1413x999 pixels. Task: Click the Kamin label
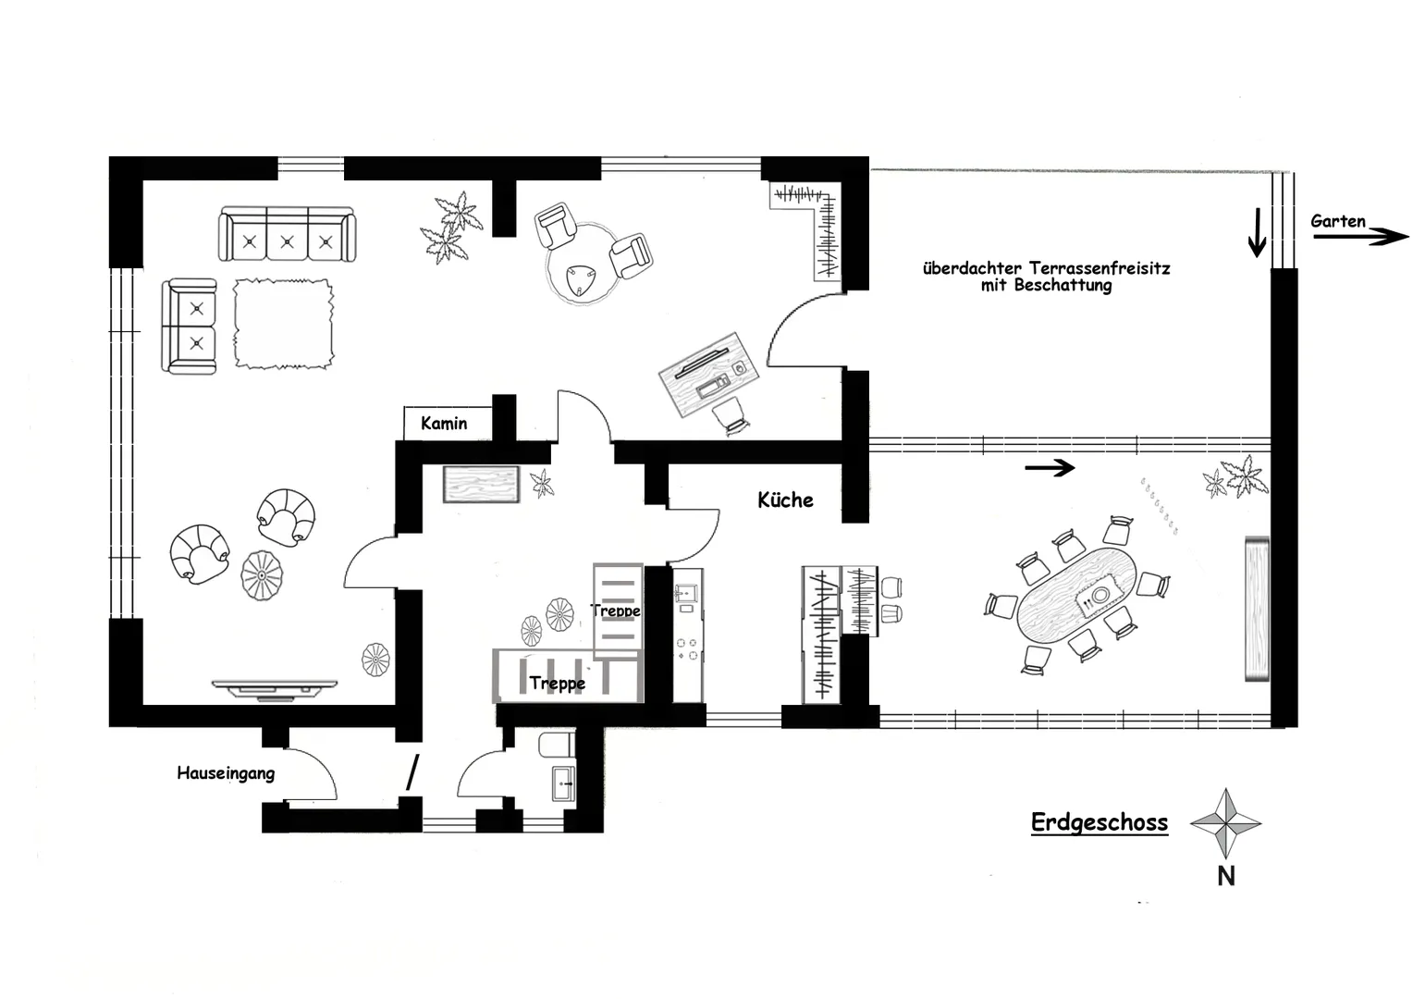444,423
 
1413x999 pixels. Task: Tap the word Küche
785,499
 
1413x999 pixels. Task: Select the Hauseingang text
226,773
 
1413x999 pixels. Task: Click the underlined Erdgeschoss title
1100,823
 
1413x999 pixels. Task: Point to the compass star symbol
1225,823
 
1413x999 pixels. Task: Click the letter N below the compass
1226,877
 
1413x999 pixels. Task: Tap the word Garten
1338,221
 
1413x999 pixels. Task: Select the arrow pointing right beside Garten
1360,237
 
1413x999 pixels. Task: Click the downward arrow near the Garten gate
1258,232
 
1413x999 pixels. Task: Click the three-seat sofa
287,233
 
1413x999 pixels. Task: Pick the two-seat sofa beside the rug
190,326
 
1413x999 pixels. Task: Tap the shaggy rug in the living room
283,323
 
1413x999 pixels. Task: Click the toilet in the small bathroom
557,745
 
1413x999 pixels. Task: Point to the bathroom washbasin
563,783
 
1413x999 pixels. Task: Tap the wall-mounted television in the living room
275,688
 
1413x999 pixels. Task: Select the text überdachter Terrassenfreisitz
1047,268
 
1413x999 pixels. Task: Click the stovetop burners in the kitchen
687,649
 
